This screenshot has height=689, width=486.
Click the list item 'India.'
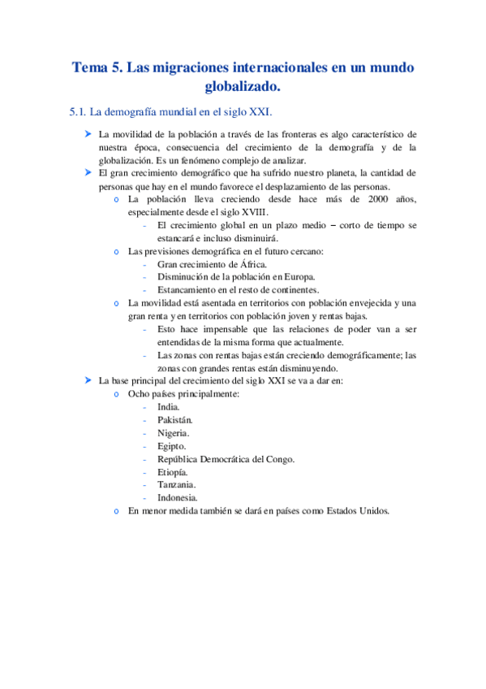tap(169, 407)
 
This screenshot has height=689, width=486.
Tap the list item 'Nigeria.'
tap(174, 433)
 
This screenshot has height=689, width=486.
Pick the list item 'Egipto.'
tap(172, 446)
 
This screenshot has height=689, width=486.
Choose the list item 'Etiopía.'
tap(173, 472)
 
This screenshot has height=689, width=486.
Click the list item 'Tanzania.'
tap(176, 485)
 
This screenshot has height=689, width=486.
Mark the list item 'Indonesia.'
tap(178, 498)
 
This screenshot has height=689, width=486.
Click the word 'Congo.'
tap(277, 459)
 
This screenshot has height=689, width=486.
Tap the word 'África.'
tap(247, 264)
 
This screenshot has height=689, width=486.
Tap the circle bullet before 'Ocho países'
tap(118, 394)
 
